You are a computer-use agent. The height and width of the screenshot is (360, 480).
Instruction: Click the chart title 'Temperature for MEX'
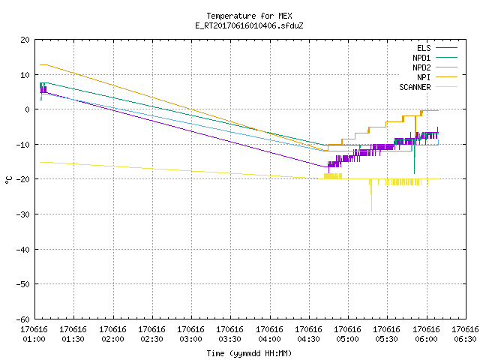249,16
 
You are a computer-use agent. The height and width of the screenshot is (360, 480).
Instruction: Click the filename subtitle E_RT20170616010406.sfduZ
249,25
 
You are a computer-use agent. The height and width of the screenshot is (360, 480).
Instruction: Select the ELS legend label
424,48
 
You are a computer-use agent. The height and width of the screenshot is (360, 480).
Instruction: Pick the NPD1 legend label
421,58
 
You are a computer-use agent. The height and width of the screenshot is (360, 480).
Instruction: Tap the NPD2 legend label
421,67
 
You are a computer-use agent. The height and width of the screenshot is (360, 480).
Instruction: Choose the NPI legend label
424,77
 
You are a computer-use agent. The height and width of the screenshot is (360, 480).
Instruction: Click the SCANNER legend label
415,87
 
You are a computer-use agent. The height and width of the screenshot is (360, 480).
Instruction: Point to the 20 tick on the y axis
25,40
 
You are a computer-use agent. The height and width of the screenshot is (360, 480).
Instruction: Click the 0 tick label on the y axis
28,109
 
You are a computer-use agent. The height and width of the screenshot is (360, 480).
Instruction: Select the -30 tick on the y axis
23,214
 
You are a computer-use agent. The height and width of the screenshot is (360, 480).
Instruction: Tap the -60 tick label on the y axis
23,319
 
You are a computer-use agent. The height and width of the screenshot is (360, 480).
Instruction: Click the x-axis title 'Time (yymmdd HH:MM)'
249,353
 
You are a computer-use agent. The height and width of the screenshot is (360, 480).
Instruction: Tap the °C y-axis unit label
8,180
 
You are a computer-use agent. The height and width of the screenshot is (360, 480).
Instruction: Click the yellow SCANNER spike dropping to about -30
371,196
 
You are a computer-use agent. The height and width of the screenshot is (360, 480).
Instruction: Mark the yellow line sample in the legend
446,87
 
